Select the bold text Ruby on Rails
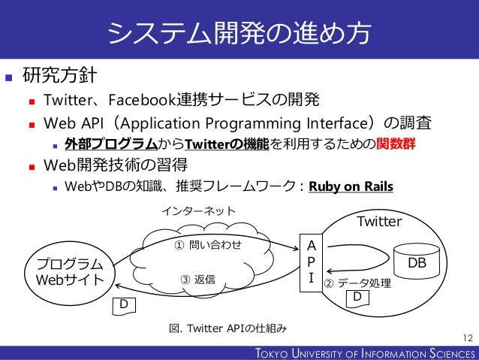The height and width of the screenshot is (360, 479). (351, 186)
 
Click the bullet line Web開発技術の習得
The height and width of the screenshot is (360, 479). (116, 165)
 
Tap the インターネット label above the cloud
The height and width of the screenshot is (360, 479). (199, 213)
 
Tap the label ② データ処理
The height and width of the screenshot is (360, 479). (357, 283)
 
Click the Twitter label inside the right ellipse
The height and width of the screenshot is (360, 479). (379, 222)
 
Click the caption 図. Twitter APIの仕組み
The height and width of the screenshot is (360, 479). (228, 328)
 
